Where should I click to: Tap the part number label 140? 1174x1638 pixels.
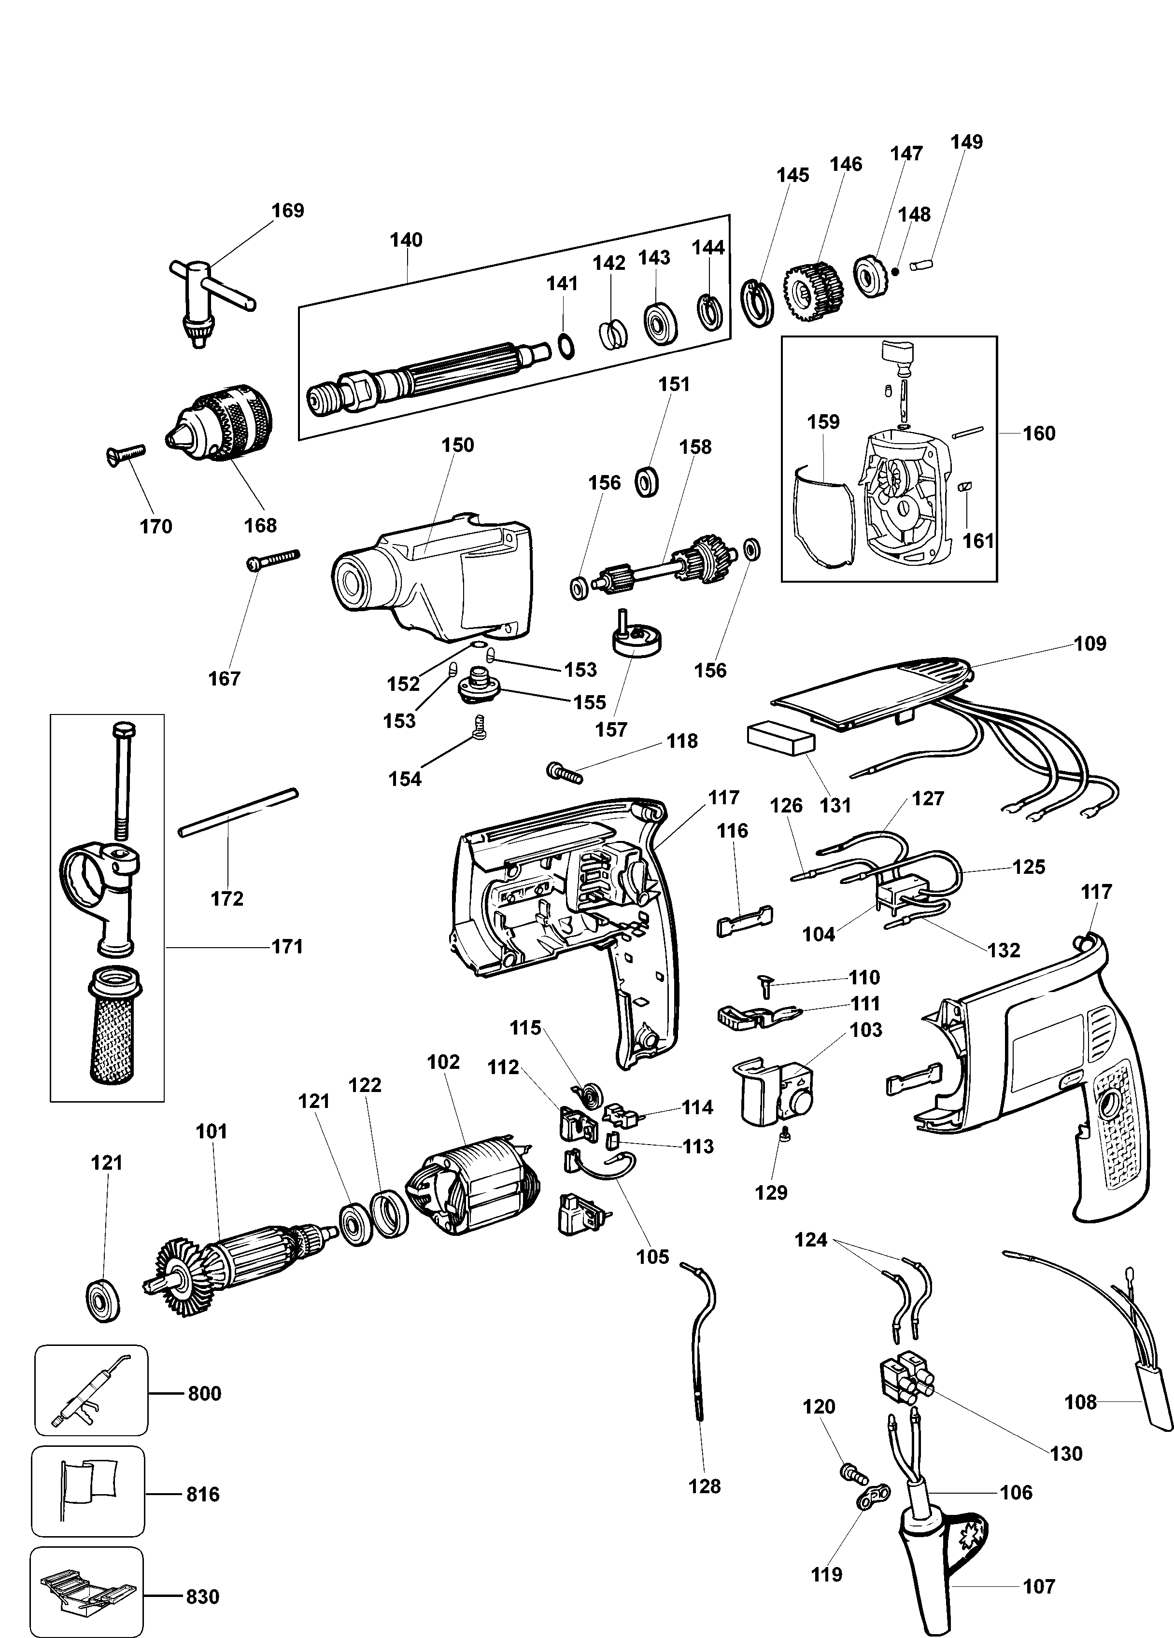point(406,240)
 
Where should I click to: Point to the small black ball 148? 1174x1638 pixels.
point(895,272)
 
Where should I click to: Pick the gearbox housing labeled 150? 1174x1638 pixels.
point(434,578)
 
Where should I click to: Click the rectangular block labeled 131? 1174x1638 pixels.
point(780,740)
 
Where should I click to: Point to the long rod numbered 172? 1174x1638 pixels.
point(239,812)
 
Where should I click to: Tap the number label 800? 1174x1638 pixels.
point(204,1393)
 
